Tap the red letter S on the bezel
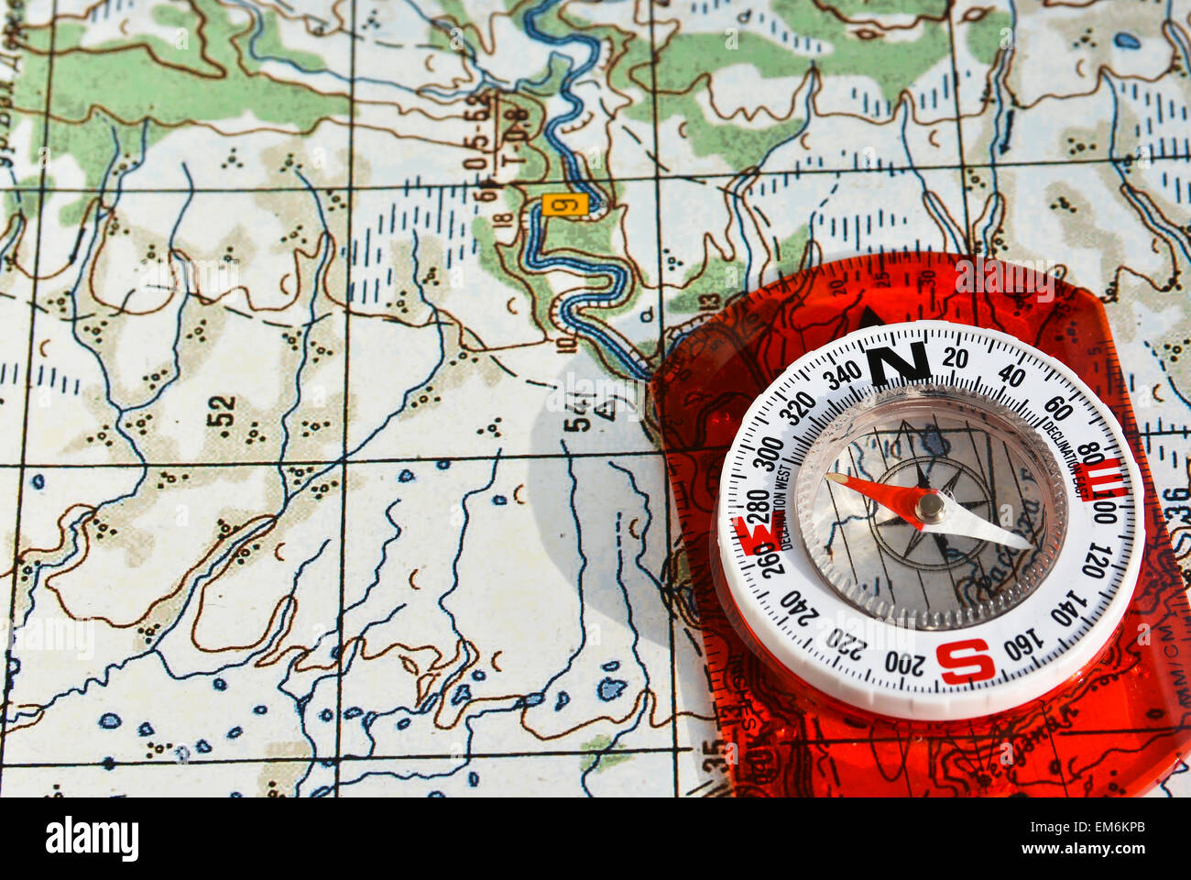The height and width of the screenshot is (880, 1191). click(x=965, y=660)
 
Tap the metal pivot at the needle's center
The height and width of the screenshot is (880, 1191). click(x=930, y=507)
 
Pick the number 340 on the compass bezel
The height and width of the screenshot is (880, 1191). click(x=841, y=374)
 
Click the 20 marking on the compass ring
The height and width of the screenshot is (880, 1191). click(x=956, y=357)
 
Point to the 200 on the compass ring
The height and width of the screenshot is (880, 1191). click(x=905, y=661)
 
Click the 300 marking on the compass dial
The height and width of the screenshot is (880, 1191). click(x=768, y=452)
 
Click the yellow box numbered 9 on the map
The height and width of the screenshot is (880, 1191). click(x=564, y=204)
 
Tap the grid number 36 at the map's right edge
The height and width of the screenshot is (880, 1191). click(x=1175, y=507)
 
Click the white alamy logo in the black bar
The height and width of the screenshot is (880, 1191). click(x=92, y=838)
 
